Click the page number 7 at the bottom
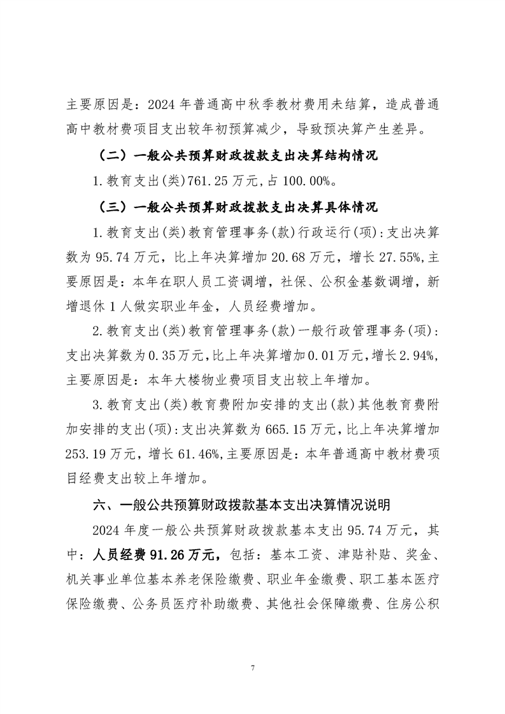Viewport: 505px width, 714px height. tap(253, 668)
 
